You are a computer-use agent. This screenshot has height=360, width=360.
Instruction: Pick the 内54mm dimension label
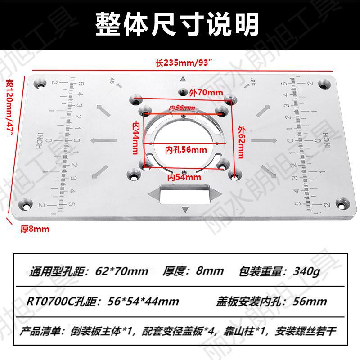pos(184,177)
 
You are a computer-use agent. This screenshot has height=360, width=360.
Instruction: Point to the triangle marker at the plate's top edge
pos(183,79)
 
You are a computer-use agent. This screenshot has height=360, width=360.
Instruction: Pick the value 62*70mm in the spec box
pos(122,271)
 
